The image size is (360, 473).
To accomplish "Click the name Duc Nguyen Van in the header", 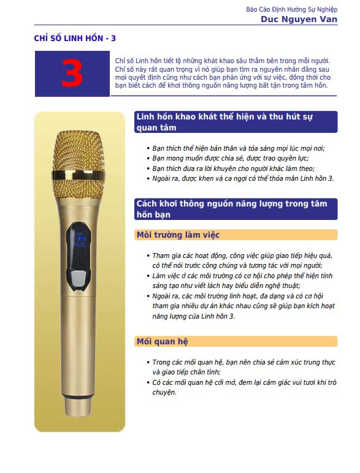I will pyautogui.click(x=299, y=20).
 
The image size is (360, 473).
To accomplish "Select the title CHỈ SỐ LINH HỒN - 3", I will pyautogui.click(x=75, y=39).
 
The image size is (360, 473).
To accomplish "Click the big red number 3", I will pyautogui.click(x=72, y=74).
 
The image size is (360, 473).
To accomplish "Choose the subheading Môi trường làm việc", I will pyautogui.click(x=178, y=235).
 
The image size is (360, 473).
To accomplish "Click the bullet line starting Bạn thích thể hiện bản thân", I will pyautogui.click(x=239, y=148).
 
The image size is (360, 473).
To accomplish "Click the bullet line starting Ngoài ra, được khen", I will pyautogui.click(x=243, y=178).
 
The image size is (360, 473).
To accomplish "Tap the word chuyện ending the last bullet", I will pyautogui.click(x=164, y=392).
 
